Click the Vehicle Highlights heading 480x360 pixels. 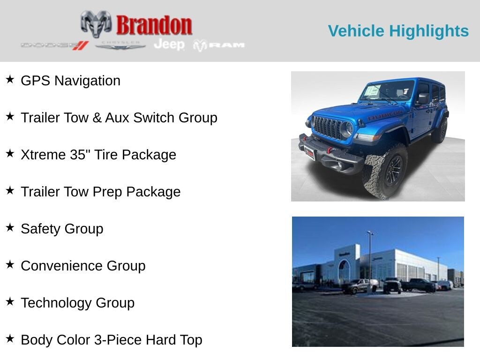tap(398, 31)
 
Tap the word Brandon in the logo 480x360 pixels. tap(154, 25)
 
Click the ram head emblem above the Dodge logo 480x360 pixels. tap(96, 23)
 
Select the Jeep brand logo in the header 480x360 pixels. tap(169, 44)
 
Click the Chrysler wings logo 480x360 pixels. tap(120, 45)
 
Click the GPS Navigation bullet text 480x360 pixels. tap(70, 81)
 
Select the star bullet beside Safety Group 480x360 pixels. tap(10, 227)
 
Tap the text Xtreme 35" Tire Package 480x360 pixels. tap(98, 155)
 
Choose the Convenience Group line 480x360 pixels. tap(83, 266)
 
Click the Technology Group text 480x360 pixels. tap(77, 303)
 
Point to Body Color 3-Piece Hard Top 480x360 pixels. tap(112, 340)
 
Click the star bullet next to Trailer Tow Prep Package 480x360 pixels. tap(10, 190)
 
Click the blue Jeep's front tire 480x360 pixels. tap(385, 171)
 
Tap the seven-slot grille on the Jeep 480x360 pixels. tap(328, 127)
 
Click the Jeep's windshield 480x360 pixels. tap(387, 91)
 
